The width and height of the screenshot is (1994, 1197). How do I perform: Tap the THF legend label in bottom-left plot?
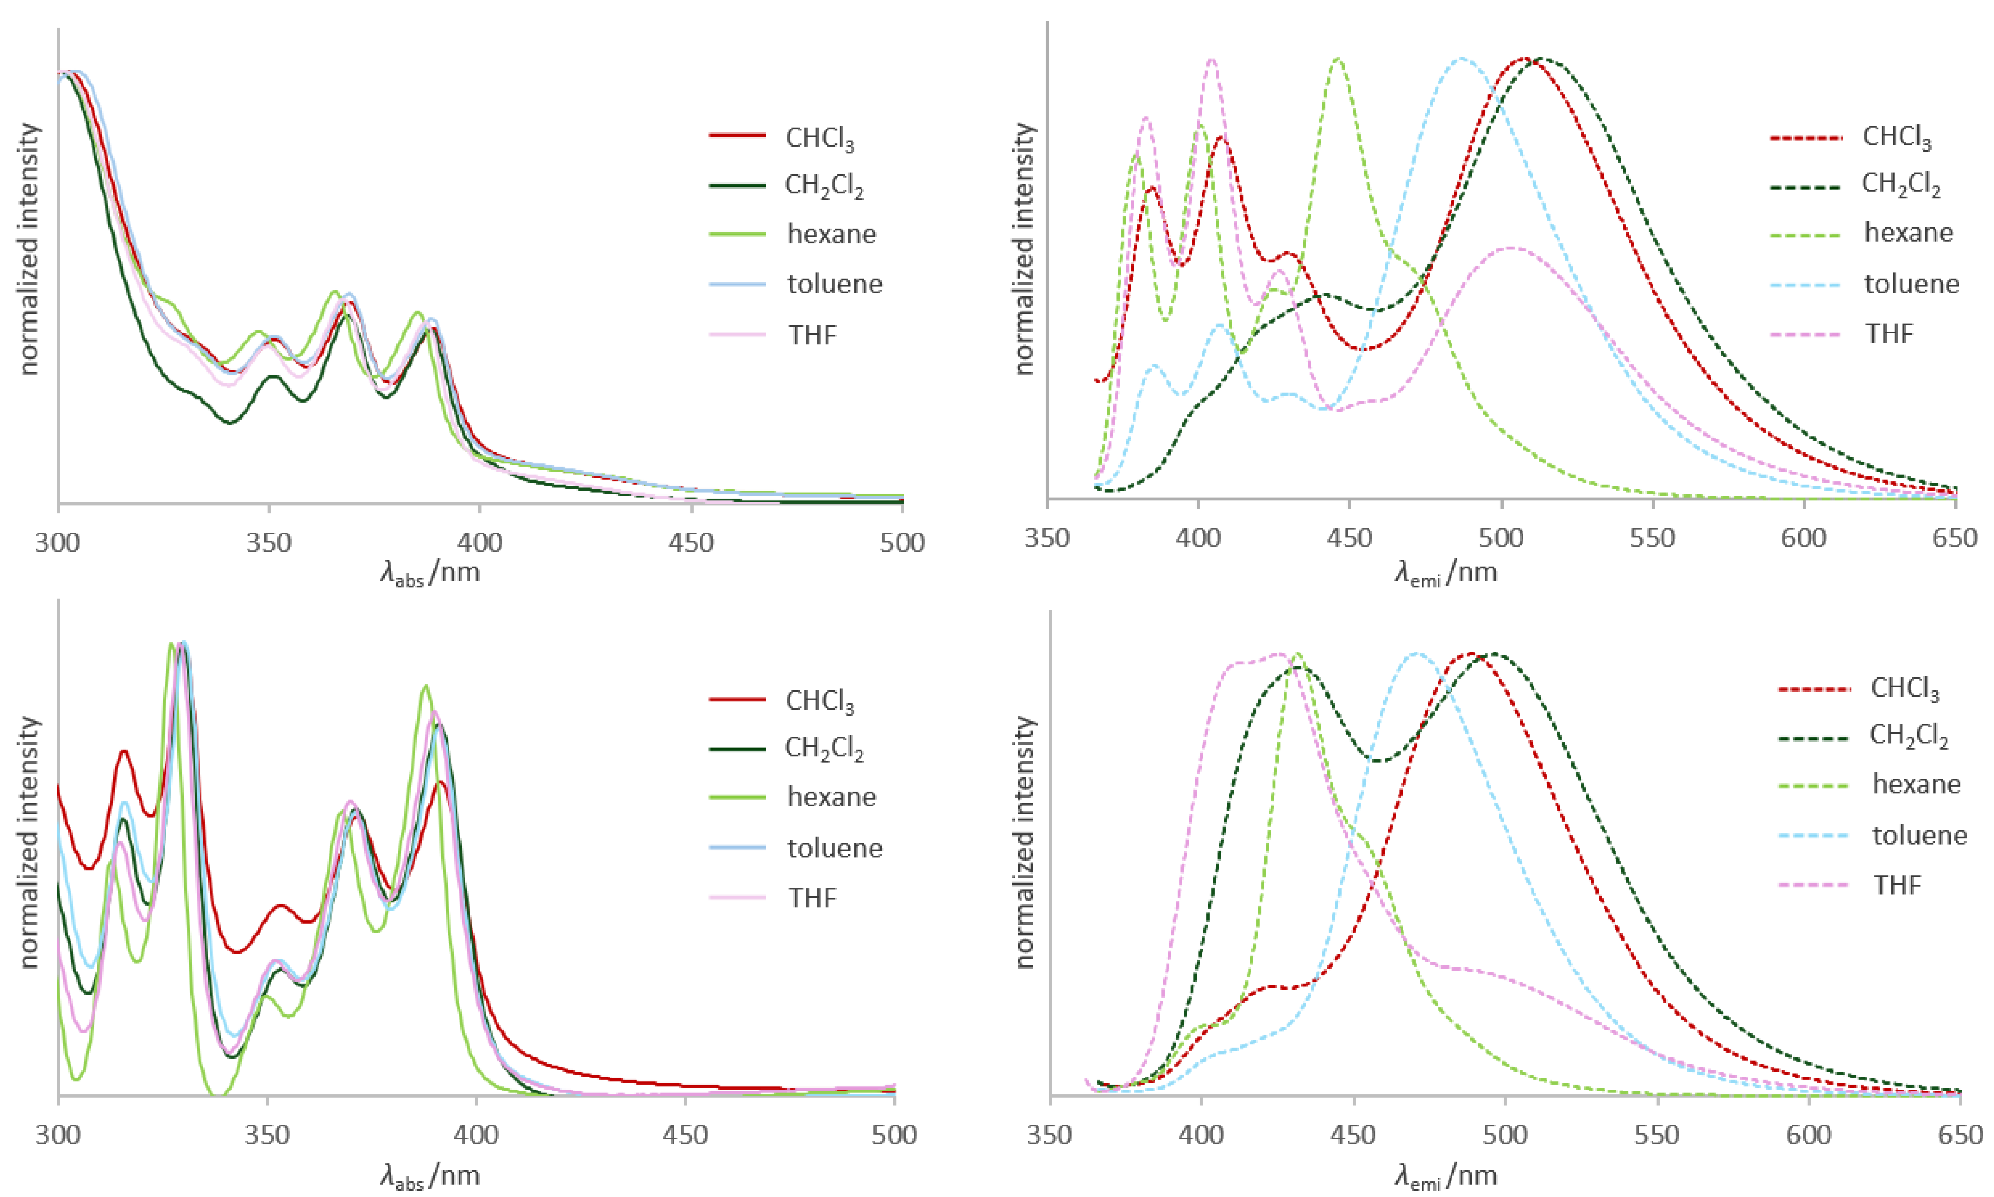pyautogui.click(x=812, y=898)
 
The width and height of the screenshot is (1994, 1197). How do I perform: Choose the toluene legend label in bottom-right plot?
pyautogui.click(x=1919, y=835)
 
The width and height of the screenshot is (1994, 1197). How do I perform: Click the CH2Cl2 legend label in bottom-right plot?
pyautogui.click(x=1909, y=736)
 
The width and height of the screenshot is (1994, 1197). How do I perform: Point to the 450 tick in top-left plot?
pyautogui.click(x=691, y=542)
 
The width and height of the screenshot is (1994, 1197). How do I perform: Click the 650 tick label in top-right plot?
pyautogui.click(x=1955, y=538)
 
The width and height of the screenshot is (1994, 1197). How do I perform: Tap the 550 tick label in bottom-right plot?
pyautogui.click(x=1657, y=1135)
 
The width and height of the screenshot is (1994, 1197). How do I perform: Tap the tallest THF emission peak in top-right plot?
pyautogui.click(x=1211, y=59)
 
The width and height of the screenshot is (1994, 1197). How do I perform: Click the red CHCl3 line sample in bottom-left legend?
pyautogui.click(x=737, y=699)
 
